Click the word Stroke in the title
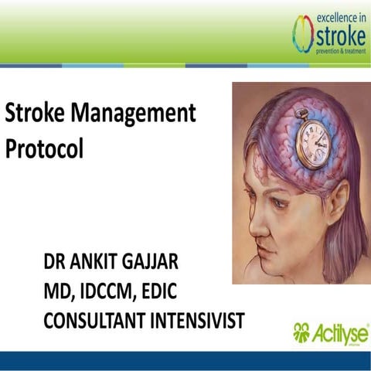click(33, 115)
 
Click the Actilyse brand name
click(341, 333)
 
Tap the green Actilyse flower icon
click(302, 333)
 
